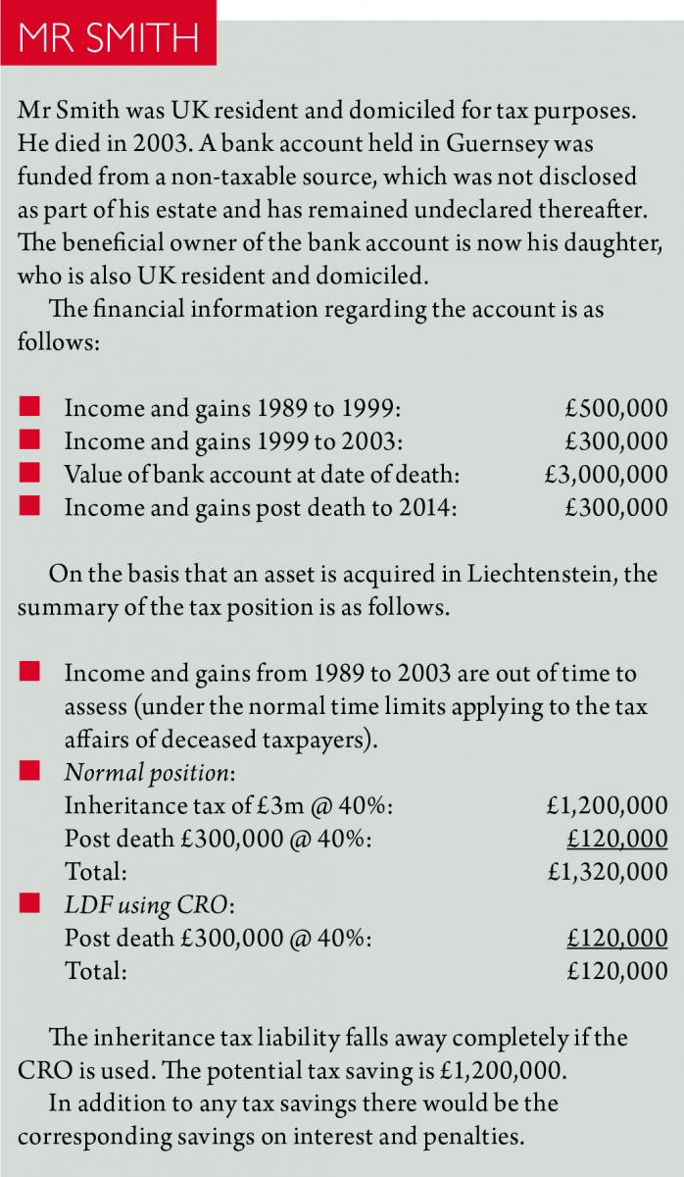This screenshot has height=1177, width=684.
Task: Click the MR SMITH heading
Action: pyautogui.click(x=108, y=39)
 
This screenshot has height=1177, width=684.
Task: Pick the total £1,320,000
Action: pyautogui.click(x=608, y=872)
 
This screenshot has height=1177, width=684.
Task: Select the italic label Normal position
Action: pyautogui.click(x=149, y=772)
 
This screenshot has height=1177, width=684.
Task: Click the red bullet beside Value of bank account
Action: pyautogui.click(x=29, y=474)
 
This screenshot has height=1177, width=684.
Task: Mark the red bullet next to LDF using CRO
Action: pyautogui.click(x=29, y=904)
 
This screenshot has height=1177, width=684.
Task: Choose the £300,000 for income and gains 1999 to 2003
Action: pyautogui.click(x=616, y=441)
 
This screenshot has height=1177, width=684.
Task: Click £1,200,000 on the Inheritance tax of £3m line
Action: pyautogui.click(x=608, y=805)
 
